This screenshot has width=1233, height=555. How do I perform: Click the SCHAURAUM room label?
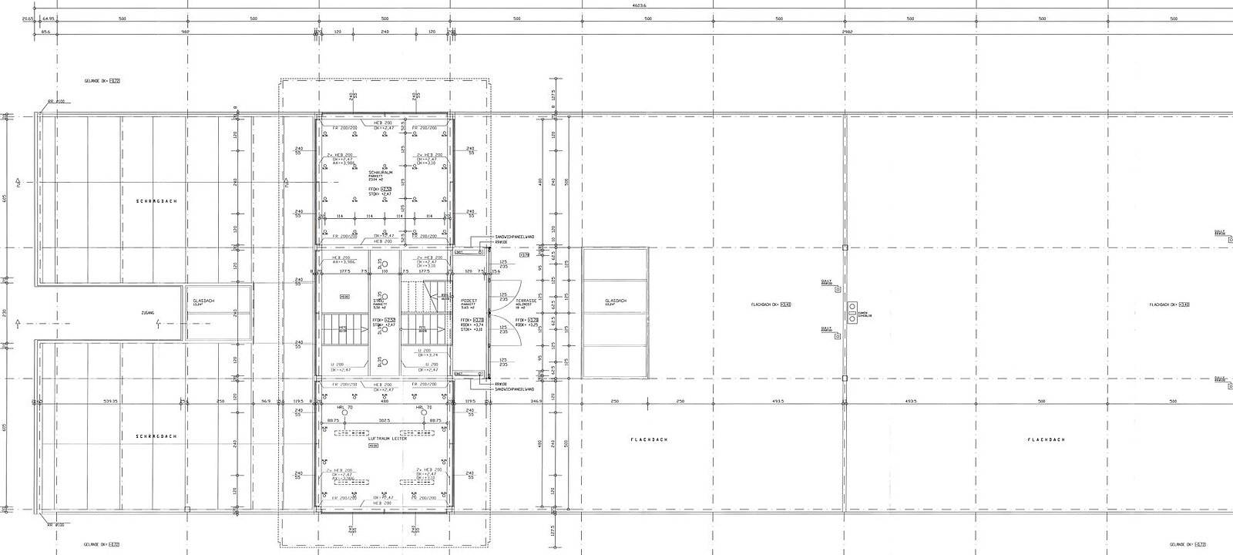[x=381, y=172]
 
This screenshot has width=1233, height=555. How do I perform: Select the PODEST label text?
[x=469, y=301]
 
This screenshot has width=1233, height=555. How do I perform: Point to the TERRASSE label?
[x=526, y=301]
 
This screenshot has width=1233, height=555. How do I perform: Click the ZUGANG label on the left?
[x=148, y=312]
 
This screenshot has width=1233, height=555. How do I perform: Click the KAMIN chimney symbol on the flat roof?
[x=852, y=312]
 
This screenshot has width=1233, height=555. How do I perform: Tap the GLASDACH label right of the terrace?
[x=616, y=301]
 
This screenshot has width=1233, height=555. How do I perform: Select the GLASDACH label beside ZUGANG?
[x=203, y=301]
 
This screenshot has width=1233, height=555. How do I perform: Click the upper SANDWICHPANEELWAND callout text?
[x=515, y=237]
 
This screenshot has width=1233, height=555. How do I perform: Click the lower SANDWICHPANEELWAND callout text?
[x=515, y=389]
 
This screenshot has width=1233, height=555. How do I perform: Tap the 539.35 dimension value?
[x=110, y=401]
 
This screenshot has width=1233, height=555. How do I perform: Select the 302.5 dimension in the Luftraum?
[x=384, y=420]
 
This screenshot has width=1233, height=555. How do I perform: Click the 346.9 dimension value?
[x=536, y=401]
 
